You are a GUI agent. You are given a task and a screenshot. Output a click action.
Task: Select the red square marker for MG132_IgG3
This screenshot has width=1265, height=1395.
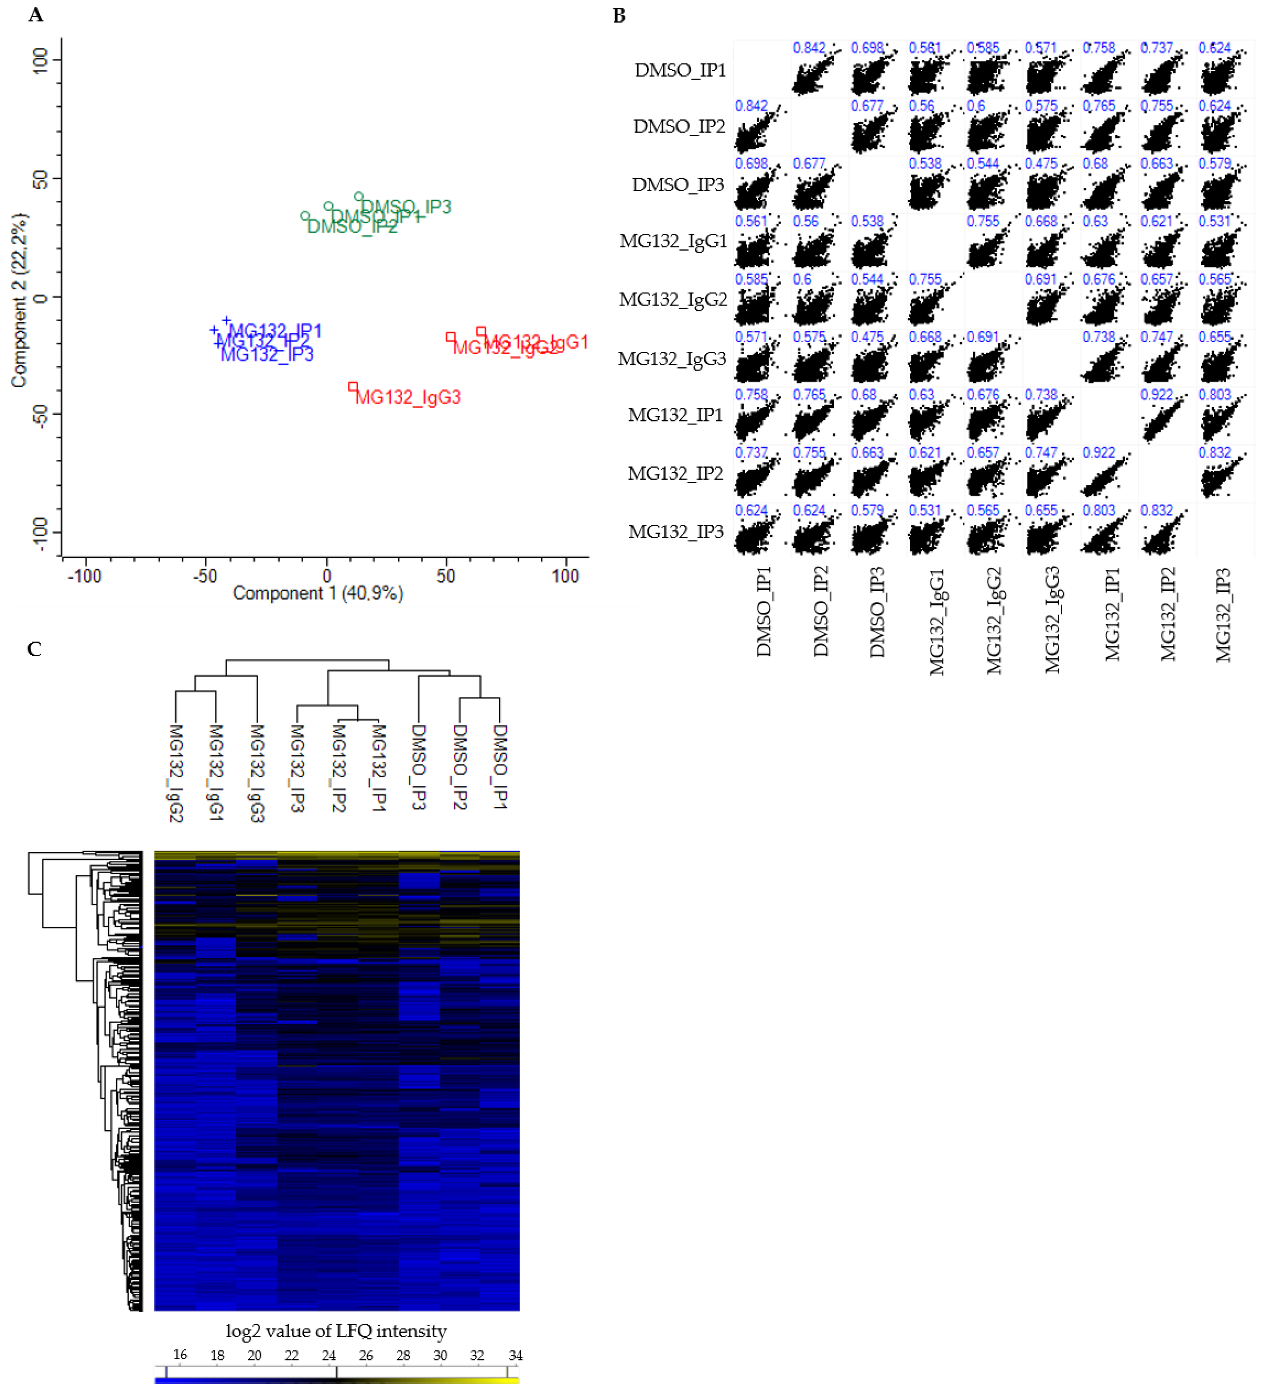pos(353,386)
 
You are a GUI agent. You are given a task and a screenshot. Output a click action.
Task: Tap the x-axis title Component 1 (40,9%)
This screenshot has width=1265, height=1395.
pos(318,593)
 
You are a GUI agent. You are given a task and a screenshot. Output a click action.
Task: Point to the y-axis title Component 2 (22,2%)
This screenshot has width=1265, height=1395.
pos(20,300)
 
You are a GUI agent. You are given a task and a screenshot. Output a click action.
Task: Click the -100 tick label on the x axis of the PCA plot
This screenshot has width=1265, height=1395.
pos(85,576)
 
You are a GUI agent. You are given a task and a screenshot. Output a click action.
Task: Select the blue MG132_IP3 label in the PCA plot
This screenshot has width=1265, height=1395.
pos(267,354)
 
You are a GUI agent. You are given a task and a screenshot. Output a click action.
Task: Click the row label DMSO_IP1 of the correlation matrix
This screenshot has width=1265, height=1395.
pos(679,70)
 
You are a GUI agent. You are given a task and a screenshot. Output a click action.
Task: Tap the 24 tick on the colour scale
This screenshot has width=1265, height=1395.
pos(329,1355)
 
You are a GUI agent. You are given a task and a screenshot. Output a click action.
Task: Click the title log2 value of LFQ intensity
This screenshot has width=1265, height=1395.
pos(336,1331)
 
